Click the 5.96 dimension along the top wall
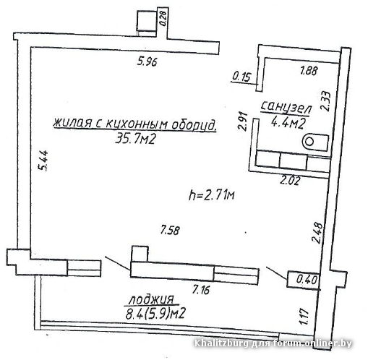147,61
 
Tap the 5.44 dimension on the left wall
43,160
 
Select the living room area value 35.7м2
135,139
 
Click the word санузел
286,108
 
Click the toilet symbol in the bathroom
316,142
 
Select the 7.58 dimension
170,231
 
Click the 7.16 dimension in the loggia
201,289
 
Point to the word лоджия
151,299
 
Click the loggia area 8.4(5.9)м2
155,314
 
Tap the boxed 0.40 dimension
307,280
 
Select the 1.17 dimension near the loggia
304,316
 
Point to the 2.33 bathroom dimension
326,101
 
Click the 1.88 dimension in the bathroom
309,71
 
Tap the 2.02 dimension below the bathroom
289,181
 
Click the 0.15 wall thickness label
241,77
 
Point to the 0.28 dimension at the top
163,19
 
